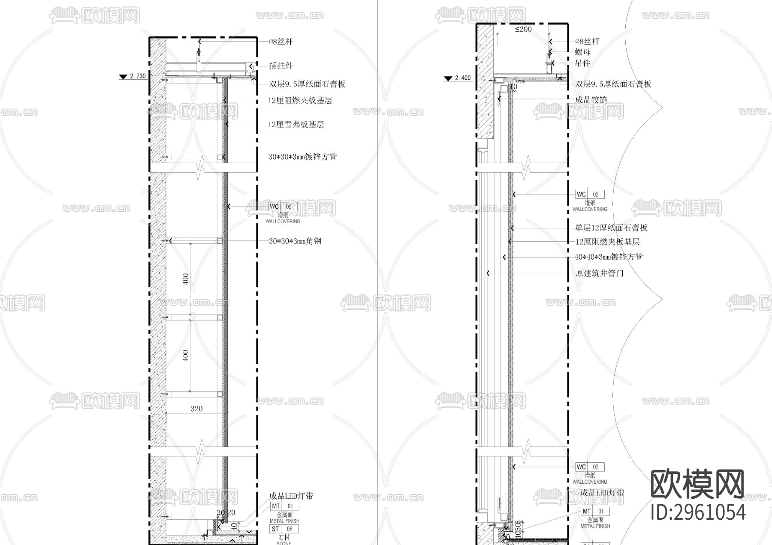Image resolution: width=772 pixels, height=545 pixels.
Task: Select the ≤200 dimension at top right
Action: coord(523,29)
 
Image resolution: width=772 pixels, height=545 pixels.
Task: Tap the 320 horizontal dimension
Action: coord(196,409)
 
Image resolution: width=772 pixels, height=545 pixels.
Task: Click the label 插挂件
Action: coord(281,66)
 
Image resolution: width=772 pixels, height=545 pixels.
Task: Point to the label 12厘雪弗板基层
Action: coord(296,125)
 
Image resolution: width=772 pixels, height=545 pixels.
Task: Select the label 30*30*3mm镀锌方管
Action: coord(302,157)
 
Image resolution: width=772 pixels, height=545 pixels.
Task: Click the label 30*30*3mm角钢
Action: coord(295,241)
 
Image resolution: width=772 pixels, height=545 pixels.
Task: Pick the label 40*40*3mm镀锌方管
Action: coord(609,257)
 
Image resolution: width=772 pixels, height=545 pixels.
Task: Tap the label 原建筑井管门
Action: coord(599,273)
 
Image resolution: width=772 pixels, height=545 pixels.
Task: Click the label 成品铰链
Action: coord(591,100)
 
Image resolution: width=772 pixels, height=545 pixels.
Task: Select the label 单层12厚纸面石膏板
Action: coord(611,228)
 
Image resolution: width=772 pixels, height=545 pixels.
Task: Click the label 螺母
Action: coord(583,52)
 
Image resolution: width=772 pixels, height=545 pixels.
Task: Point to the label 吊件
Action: coord(583,63)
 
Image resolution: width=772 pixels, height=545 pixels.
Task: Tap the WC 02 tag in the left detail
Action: coord(283,207)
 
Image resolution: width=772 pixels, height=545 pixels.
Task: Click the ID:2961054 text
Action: coord(698,512)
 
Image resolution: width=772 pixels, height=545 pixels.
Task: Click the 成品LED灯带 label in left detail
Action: coord(291,496)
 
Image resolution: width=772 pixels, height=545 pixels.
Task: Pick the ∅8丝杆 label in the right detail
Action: coord(587,42)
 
